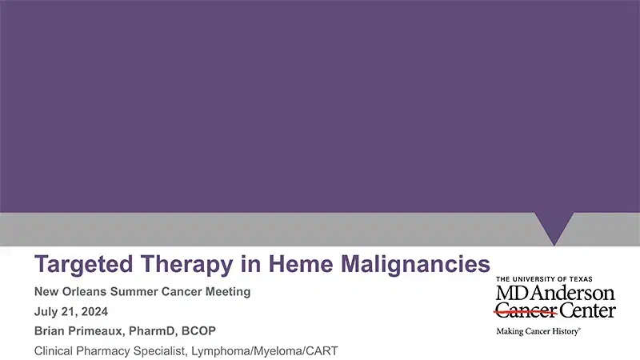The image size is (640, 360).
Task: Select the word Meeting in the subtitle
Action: point(226,292)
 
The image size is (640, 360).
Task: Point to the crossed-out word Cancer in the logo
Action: point(525,310)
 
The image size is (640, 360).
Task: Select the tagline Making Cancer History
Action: point(538,330)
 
